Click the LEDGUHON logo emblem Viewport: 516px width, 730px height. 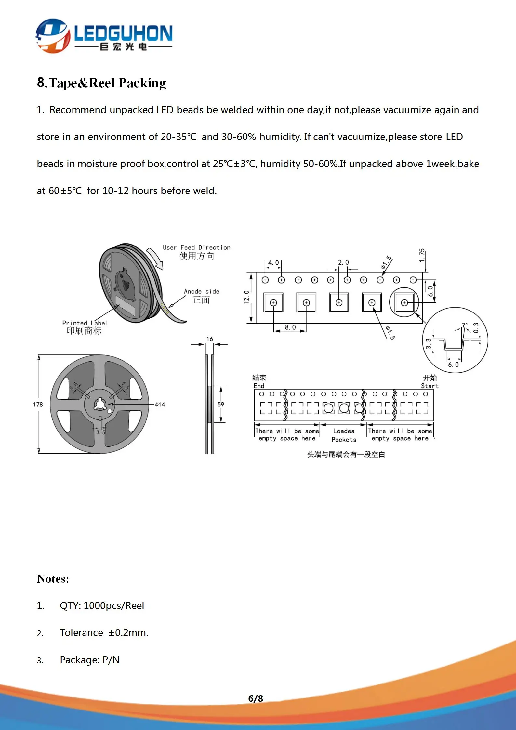53,36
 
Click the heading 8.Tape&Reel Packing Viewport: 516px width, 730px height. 101,83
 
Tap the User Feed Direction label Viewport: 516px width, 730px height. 196,247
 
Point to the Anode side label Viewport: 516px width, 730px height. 202,291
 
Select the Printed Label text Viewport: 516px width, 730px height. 85,323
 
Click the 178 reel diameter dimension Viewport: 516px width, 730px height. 38,405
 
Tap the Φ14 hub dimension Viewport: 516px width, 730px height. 160,405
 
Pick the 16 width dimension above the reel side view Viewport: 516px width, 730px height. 210,339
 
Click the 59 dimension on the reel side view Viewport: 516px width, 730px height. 221,405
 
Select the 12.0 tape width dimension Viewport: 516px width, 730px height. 246,297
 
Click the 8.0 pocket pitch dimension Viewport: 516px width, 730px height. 290,327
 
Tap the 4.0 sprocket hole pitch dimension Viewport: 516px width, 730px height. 273,263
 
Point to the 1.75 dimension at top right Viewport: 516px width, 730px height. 422,256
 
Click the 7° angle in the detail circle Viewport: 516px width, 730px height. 465,325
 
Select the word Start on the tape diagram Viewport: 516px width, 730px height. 430,386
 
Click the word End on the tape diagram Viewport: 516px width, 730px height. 259,386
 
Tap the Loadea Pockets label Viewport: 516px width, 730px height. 344,435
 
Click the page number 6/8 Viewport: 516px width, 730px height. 256,698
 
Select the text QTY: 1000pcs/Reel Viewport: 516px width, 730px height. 102,605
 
